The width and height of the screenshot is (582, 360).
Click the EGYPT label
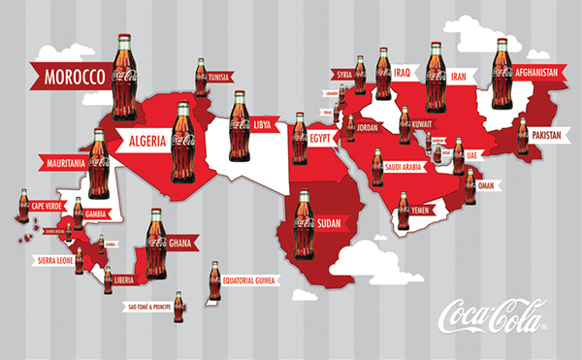tap(320, 138)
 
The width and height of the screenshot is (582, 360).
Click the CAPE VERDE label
tap(48, 206)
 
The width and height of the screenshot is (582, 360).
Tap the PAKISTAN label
tap(547, 136)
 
